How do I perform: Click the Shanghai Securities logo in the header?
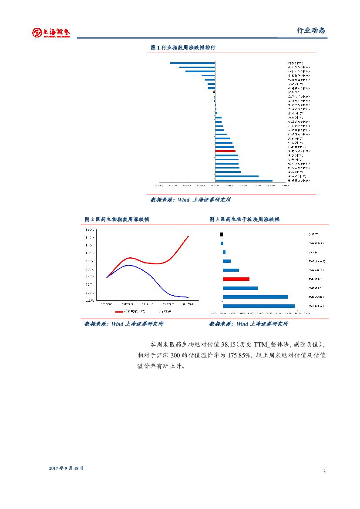tap(50, 32)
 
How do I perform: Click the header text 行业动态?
tap(311, 30)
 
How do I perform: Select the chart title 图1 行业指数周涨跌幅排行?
tap(183, 47)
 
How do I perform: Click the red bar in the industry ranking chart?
tap(225, 151)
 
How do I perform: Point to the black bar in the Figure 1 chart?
tap(214, 92)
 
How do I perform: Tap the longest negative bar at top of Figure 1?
tap(192, 63)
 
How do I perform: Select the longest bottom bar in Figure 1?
tap(244, 180)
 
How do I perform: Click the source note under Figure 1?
tap(191, 200)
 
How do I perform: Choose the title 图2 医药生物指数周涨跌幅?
tap(117, 219)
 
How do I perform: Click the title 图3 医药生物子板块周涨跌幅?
tap(244, 219)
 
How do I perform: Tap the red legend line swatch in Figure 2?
tap(119, 312)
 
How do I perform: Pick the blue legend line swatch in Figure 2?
tap(154, 312)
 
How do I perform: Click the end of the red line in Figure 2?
tap(188, 236)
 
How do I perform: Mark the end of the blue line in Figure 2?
tap(188, 297)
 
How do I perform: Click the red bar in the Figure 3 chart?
tap(236, 279)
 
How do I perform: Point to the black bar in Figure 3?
tap(222, 234)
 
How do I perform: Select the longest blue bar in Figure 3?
tap(259, 306)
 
